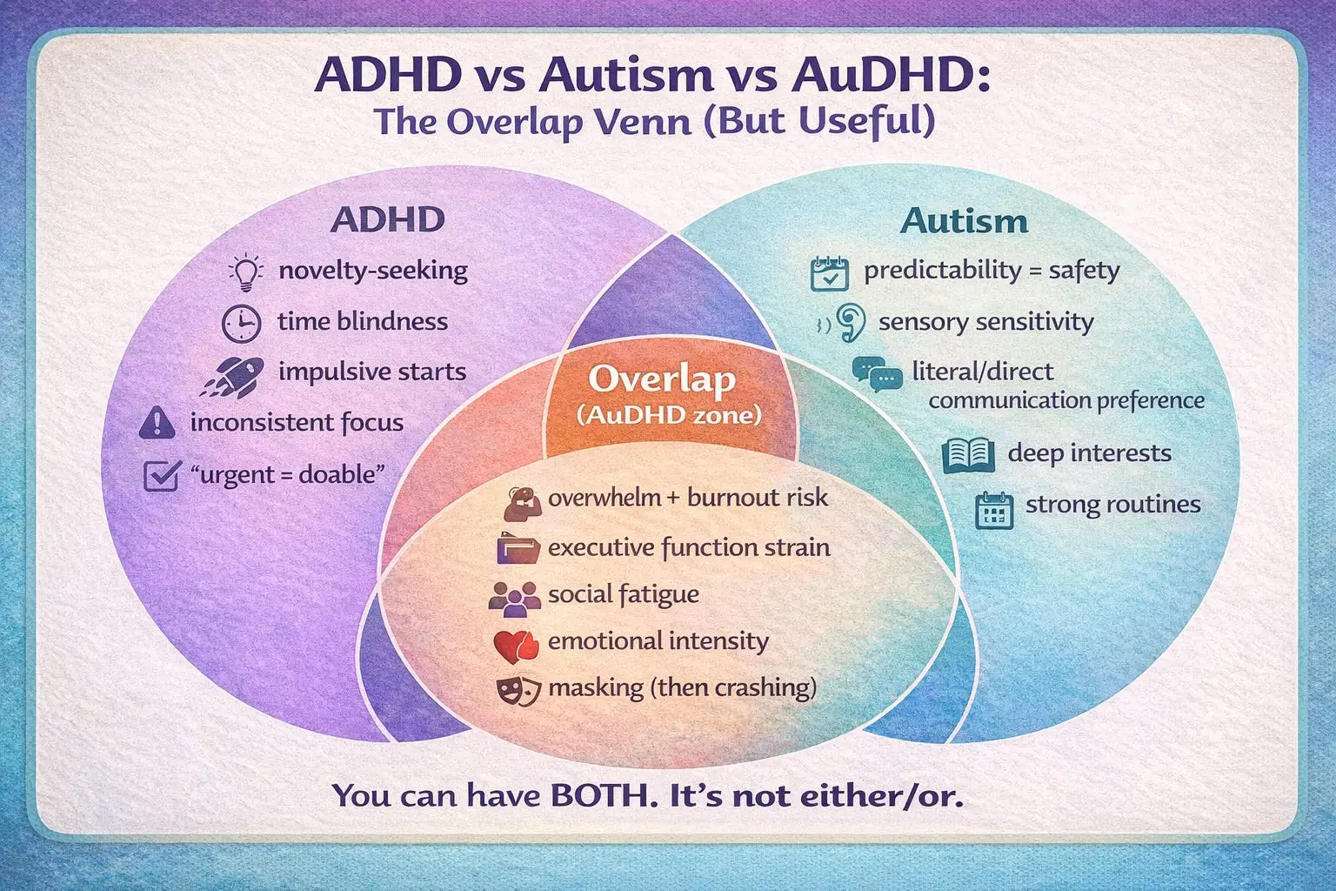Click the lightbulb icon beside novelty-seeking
pyautogui.click(x=245, y=272)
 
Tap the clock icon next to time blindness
pyautogui.click(x=241, y=323)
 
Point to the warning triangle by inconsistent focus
pyautogui.click(x=157, y=423)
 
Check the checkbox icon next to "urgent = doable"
pyautogui.click(x=161, y=475)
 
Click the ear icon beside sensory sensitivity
pyautogui.click(x=850, y=322)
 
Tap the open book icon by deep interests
pyautogui.click(x=968, y=454)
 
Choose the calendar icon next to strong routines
pyautogui.click(x=994, y=510)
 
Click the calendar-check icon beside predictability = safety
pyautogui.click(x=828, y=273)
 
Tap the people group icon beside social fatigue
pyautogui.click(x=514, y=598)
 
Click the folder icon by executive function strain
pyautogui.click(x=518, y=549)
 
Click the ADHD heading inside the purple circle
pyautogui.click(x=388, y=219)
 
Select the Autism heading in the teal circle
pyautogui.click(x=964, y=221)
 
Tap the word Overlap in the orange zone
pyautogui.click(x=662, y=379)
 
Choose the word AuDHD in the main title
pyautogui.click(x=890, y=76)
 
